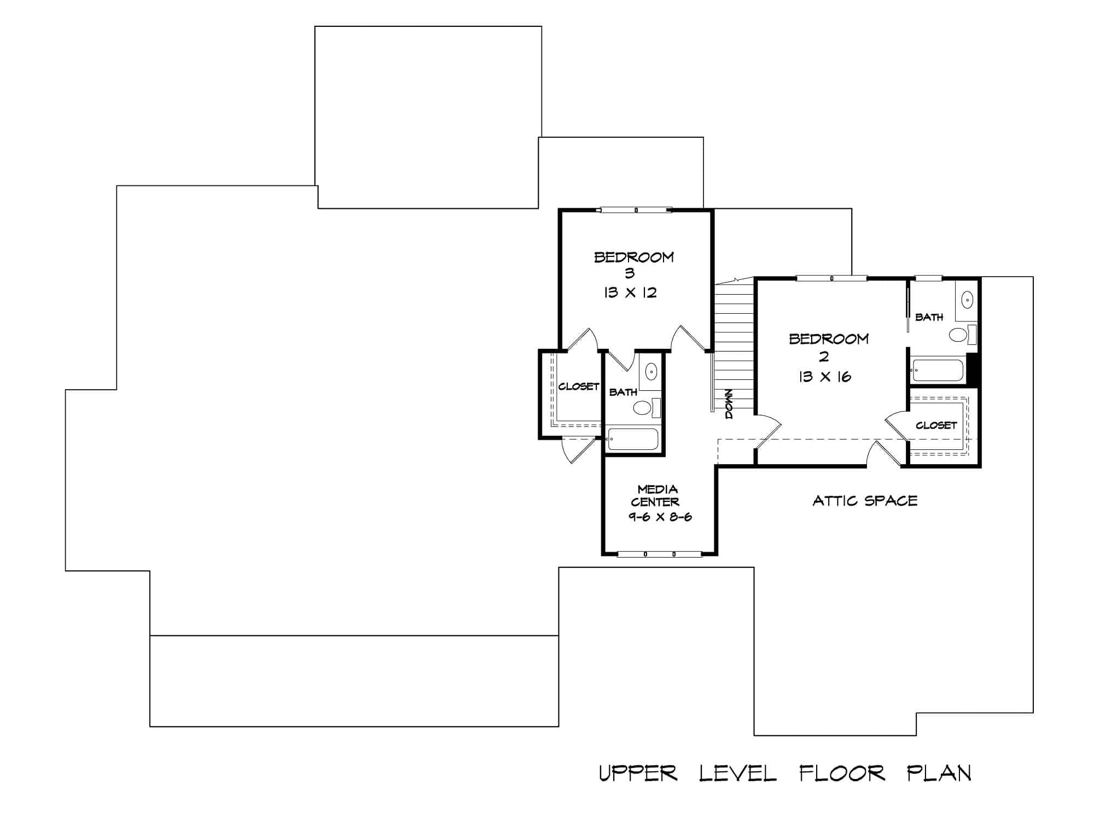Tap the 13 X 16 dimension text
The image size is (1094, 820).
click(824, 377)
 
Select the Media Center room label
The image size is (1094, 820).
click(656, 495)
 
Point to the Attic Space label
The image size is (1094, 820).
click(865, 501)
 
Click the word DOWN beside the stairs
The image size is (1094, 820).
click(729, 404)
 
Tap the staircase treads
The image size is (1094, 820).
click(734, 339)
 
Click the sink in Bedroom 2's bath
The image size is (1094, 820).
click(967, 300)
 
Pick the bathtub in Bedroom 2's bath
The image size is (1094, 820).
click(938, 370)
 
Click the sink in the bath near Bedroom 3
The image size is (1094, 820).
click(651, 372)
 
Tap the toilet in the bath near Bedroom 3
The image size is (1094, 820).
click(643, 407)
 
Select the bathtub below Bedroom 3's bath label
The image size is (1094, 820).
click(633, 440)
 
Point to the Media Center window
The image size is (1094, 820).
click(659, 554)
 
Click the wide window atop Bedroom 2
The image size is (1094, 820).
click(831, 278)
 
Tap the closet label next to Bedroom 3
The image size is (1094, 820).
click(579, 386)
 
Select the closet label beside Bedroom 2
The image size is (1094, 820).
click(936, 425)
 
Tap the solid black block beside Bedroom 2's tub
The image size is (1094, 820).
click(973, 369)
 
